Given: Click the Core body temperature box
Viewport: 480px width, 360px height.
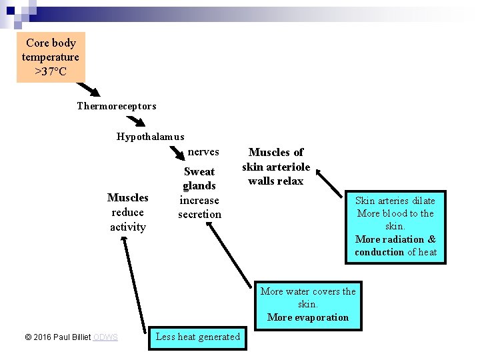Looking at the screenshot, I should [51, 57].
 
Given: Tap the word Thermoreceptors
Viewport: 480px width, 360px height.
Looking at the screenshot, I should [117, 106].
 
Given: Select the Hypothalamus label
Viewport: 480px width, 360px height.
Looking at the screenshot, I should [150, 137].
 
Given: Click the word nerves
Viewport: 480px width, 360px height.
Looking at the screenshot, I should [203, 152].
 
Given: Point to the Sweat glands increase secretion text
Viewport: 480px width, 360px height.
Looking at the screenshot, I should [199, 193].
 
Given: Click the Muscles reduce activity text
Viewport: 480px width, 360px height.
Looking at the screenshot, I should [128, 212].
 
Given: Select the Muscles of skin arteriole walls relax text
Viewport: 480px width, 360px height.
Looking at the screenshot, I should [276, 167].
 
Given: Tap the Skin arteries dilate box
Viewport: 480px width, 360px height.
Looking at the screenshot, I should [395, 226].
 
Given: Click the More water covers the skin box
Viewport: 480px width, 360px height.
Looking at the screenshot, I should [308, 304].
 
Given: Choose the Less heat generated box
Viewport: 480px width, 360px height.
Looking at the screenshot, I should [197, 337].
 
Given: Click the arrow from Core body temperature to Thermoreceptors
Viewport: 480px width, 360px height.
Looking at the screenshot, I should [89, 89].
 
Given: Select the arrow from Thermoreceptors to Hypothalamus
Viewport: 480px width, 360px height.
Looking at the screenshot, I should [136, 121].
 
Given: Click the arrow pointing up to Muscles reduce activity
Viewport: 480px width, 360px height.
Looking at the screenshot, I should [131, 283].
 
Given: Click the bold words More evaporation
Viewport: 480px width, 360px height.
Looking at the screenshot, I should [308, 317].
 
